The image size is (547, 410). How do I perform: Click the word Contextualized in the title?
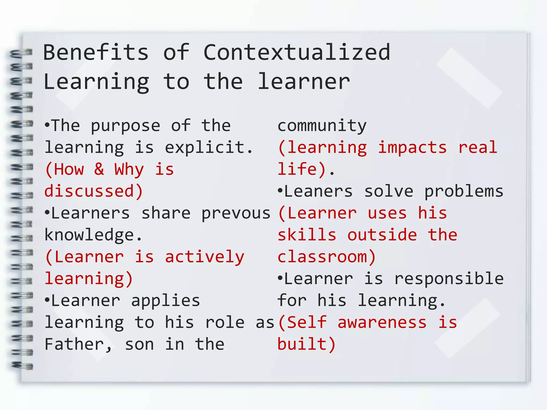297,52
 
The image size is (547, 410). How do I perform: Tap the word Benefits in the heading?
96,52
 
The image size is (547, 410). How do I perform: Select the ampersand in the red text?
99,169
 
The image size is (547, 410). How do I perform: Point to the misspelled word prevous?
236,213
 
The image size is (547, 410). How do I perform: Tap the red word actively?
205,257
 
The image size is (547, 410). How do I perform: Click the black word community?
322,126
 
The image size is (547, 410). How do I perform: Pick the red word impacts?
412,148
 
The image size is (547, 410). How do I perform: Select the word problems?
464,191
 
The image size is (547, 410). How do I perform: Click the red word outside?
382,235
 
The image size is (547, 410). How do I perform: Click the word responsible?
449,279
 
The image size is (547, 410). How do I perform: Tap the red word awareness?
382,322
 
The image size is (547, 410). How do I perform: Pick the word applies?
166,301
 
